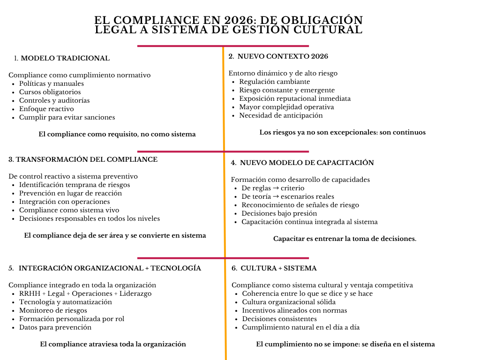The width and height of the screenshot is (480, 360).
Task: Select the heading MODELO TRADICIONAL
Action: [65, 58]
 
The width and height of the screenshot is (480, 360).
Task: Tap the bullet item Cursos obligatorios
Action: [50, 92]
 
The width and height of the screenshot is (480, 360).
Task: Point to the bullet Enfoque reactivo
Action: [47, 109]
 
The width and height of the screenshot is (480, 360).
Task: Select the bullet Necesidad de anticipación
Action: [281, 115]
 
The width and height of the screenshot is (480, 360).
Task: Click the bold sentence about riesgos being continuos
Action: [342, 132]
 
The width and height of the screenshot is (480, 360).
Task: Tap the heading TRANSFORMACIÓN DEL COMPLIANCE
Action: [83, 159]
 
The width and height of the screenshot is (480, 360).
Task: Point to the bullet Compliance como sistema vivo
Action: [69, 210]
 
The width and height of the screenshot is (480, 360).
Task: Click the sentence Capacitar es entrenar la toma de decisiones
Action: [345, 239]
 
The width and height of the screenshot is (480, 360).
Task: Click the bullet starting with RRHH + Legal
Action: [85, 293]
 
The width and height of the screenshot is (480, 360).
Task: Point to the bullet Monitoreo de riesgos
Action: [53, 310]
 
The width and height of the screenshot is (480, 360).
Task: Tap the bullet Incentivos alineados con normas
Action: [294, 310]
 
